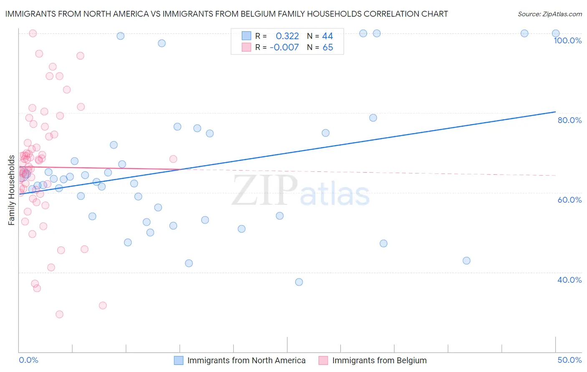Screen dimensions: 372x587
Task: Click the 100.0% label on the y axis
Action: [567, 40]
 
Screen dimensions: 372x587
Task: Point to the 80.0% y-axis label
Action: [569, 120]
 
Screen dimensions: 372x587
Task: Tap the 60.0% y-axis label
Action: [569, 200]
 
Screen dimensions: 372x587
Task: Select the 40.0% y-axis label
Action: [569, 280]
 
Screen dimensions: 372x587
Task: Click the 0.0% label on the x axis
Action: [28, 360]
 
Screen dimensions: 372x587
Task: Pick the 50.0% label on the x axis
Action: [569, 360]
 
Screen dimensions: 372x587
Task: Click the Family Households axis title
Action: [12, 190]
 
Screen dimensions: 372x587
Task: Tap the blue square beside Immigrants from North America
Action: [179, 360]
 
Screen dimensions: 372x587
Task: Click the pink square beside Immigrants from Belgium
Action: [323, 360]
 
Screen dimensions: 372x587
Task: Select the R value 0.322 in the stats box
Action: [287, 36]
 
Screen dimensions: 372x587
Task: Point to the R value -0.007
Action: [284, 48]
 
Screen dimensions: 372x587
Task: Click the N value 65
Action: [328, 48]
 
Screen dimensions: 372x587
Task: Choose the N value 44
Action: [328, 36]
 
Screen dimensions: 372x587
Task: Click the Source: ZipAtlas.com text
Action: [549, 14]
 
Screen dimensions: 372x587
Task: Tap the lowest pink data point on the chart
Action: [59, 314]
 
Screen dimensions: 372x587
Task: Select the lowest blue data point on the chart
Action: [299, 282]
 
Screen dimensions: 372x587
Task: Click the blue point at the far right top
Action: [556, 33]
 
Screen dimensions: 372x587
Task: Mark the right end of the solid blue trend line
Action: [556, 112]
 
